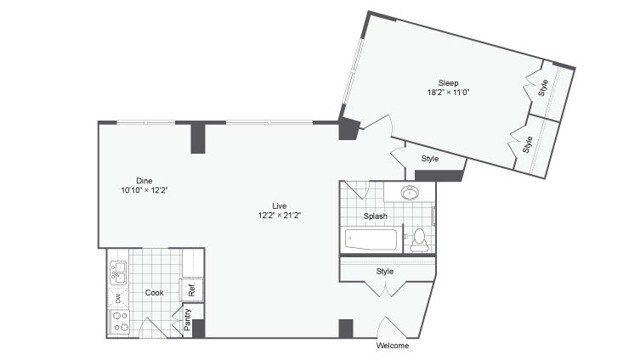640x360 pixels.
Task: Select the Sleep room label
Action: [x=447, y=82]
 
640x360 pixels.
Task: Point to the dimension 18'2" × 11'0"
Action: [x=447, y=92]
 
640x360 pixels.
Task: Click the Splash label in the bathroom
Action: [x=375, y=216]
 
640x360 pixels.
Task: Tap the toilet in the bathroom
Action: [x=418, y=238]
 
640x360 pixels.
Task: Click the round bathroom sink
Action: [x=409, y=194]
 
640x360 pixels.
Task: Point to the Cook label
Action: [x=154, y=293]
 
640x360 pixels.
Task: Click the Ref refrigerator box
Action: [x=190, y=291]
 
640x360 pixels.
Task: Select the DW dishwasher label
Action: [x=117, y=298]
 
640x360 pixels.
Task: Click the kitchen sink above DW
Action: [x=118, y=271]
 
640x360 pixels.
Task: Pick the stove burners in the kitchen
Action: [x=118, y=323]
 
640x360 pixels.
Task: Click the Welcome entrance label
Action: [x=393, y=347]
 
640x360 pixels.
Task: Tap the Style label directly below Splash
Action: [x=384, y=271]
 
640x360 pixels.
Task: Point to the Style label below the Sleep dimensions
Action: [x=429, y=158]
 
